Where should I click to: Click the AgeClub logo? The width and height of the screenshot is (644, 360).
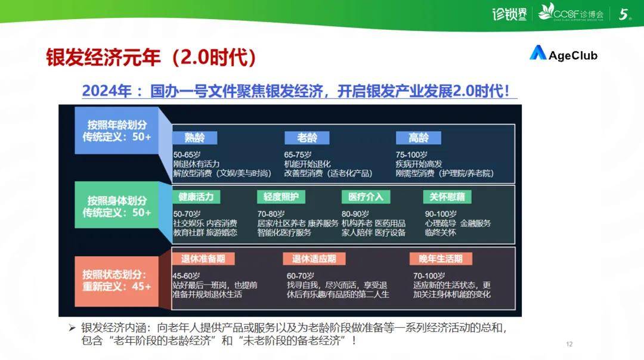pos(563,54)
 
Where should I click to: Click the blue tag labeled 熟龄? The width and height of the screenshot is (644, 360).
pos(194,138)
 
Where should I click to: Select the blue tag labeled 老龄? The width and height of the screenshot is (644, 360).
pos(307,138)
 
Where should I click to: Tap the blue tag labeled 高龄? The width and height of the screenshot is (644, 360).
pos(419,138)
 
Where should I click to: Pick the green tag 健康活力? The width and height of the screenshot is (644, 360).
pos(196,197)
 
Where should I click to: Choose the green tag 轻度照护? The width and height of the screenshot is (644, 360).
pos(281,197)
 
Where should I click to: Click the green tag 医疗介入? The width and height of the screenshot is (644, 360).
pos(366,197)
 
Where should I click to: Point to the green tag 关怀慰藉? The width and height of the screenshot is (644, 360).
pos(447,197)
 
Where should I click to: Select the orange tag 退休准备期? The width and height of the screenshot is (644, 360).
pos(203,259)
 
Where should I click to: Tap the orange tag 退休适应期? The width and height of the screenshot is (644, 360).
pos(314,259)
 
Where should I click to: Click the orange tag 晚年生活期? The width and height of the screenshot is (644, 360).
pos(441,259)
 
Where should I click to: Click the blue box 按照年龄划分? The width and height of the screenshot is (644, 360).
pos(117,131)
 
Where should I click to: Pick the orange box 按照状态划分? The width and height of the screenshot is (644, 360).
pos(117,281)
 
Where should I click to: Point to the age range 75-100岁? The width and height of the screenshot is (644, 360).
pos(411,155)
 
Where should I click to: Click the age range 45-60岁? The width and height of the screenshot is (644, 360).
pos(187,276)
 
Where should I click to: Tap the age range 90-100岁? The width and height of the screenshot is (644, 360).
pos(441,215)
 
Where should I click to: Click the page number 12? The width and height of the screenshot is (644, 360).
pos(569,344)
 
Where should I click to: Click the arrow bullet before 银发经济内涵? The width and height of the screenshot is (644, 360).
pos(72,328)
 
